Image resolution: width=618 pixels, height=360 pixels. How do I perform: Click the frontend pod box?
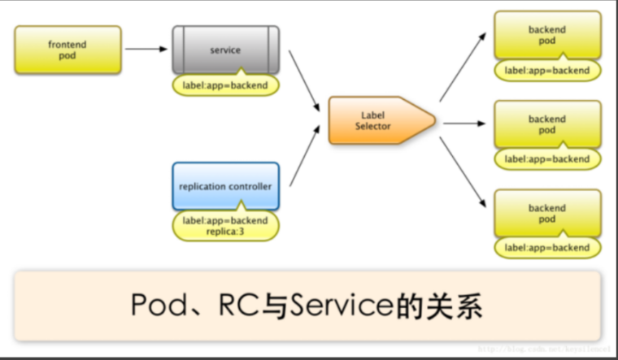pos(67,49)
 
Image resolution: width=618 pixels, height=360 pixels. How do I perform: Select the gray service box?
pos(225,50)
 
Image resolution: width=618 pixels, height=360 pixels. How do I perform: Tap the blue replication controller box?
pos(225,186)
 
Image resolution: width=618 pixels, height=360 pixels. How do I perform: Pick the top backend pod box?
pos(546,36)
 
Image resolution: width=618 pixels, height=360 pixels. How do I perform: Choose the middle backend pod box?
pos(546,124)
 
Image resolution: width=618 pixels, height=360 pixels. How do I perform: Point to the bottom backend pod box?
pos(546,214)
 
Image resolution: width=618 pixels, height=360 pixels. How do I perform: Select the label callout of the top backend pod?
pos(546,71)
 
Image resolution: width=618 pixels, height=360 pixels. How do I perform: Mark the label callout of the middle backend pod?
pos(546,159)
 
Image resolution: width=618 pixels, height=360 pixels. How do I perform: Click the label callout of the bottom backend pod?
pos(546,247)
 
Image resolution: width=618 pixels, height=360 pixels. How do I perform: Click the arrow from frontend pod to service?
pos(146,49)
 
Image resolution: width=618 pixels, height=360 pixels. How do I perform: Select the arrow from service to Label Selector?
pos(303,82)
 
